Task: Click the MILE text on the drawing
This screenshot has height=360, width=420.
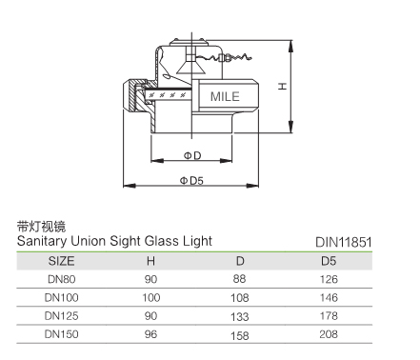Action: pyautogui.click(x=225, y=96)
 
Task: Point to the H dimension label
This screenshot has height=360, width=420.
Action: pyautogui.click(x=282, y=86)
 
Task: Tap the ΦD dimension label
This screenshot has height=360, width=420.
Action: pyautogui.click(x=192, y=155)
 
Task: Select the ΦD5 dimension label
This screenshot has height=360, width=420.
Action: pyautogui.click(x=191, y=181)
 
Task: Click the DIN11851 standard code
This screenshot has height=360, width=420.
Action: pyautogui.click(x=344, y=243)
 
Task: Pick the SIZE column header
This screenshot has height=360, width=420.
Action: pyautogui.click(x=61, y=261)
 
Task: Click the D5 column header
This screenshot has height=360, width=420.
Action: pyautogui.click(x=329, y=261)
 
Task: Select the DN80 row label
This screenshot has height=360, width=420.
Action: pyautogui.click(x=62, y=279)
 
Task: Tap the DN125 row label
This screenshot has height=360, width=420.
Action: pyautogui.click(x=61, y=316)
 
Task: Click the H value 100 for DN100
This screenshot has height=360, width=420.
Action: pyautogui.click(x=151, y=298)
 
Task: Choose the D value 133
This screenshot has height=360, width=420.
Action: pyautogui.click(x=240, y=317)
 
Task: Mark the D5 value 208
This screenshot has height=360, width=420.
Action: pyautogui.click(x=329, y=334)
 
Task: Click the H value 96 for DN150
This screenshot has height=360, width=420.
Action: pyautogui.click(x=150, y=334)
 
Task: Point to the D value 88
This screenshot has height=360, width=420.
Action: pyautogui.click(x=239, y=279)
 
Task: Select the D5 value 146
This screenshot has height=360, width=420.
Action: pyautogui.click(x=329, y=298)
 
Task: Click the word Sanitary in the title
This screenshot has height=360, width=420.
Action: pyautogui.click(x=42, y=241)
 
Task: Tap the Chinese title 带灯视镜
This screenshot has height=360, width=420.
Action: pyautogui.click(x=41, y=227)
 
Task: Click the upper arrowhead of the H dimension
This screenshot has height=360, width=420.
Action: pyautogui.click(x=290, y=46)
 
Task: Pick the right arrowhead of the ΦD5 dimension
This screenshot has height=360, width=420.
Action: pyautogui.click(x=252, y=186)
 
